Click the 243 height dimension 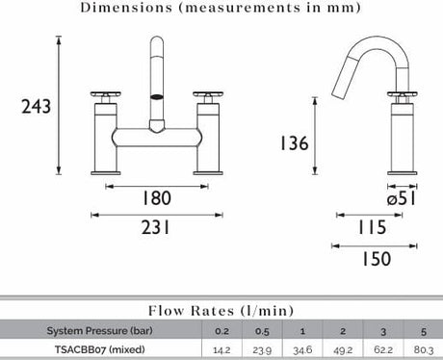coord(36,106)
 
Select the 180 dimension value coord(157,198)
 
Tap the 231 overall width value coord(155,228)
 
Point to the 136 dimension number coord(295,143)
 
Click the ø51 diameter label coord(402,198)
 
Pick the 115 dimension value coord(373,227)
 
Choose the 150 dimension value coord(377,259)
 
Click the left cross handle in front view coord(106,94)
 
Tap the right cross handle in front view coord(208,94)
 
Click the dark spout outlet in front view coord(157,96)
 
